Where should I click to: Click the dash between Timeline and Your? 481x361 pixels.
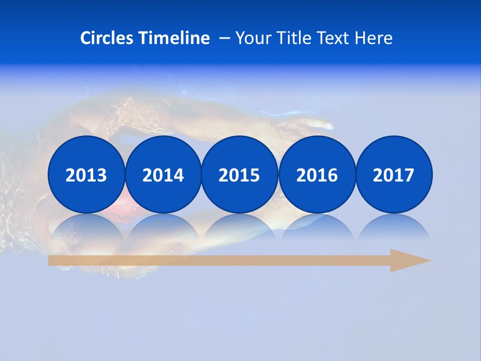224,38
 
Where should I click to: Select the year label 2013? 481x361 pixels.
86,175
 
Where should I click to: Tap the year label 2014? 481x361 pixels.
163,175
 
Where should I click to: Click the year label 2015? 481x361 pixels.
239,175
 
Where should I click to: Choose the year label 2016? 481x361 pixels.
317,175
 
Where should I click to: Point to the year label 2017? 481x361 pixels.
393,175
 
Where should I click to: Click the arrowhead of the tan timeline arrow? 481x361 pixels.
409,260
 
